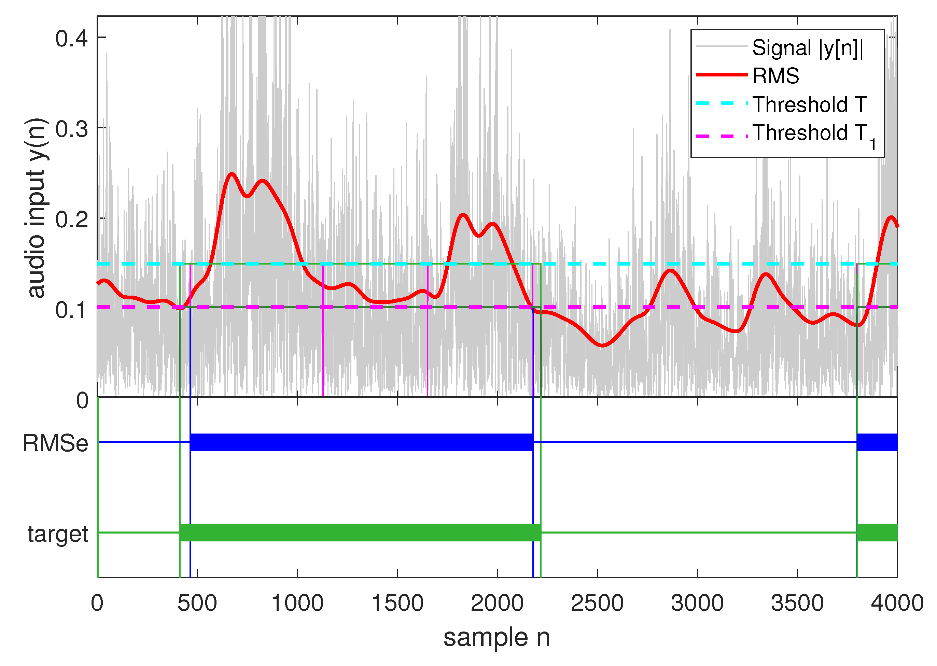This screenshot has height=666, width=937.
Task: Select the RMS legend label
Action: [775, 76]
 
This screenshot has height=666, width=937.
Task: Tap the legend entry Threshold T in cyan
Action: [809, 104]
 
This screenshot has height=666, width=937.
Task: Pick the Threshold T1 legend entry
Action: [812, 133]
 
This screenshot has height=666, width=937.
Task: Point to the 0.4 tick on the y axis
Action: [71, 39]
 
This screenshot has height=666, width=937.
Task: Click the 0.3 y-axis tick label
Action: [71, 130]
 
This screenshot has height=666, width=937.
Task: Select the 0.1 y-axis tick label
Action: [71, 310]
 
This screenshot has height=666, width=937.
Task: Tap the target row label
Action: [58, 534]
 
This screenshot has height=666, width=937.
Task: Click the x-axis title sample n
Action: [497, 638]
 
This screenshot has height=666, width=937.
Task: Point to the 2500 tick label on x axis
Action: [597, 603]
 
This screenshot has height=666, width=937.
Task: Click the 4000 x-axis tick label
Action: [897, 603]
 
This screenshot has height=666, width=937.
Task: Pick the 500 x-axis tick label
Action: [197, 603]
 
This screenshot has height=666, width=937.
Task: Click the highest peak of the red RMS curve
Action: [232, 174]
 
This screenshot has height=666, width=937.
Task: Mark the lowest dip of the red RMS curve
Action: [602, 345]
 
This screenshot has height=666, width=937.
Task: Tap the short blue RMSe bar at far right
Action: [877, 442]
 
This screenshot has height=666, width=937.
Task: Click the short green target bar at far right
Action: [877, 532]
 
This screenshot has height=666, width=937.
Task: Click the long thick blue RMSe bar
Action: [361, 442]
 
